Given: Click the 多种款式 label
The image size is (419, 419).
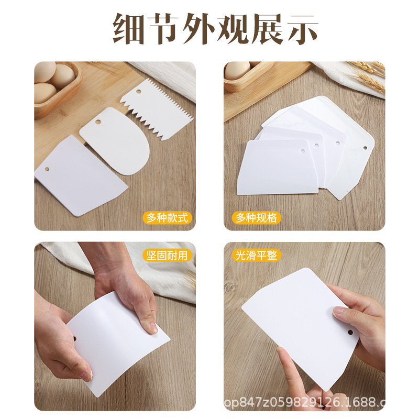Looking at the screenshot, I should [x=167, y=217].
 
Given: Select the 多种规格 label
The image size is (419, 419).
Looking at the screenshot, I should [x=256, y=217].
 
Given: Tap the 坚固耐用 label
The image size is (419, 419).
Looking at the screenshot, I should [x=167, y=256].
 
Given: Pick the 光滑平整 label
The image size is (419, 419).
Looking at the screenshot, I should [x=257, y=256].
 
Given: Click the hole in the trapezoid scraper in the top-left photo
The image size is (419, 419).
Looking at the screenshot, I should [x=46, y=171].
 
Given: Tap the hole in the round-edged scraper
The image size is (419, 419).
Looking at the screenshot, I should [x=98, y=123].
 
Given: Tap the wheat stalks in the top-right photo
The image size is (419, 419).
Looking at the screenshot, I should [x=370, y=74].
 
